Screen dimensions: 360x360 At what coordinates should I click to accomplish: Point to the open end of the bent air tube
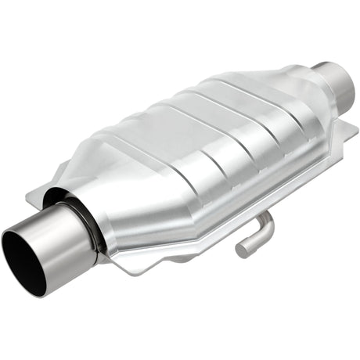coord(243,250)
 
